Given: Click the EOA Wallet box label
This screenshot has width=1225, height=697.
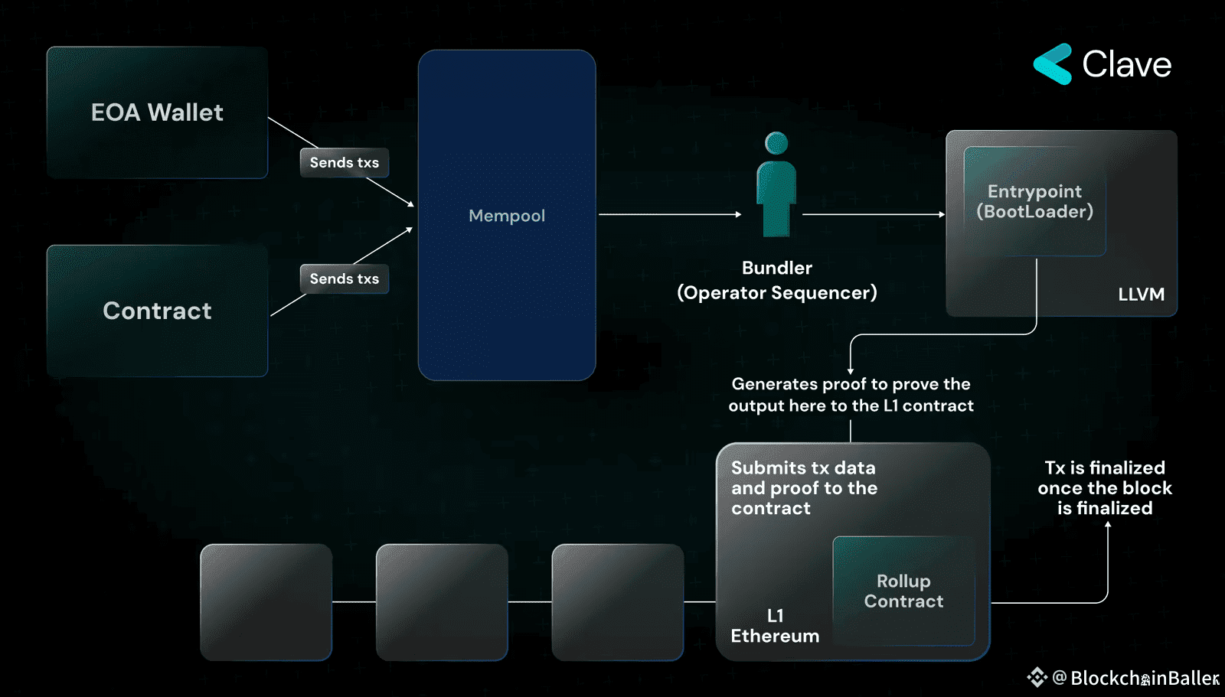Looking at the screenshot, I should click(x=157, y=112).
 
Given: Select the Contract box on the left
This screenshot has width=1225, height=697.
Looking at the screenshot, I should click(x=157, y=311).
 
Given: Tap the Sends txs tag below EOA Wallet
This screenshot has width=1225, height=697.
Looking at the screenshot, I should click(x=345, y=163).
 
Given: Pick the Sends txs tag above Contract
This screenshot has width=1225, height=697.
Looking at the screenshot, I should click(x=345, y=279).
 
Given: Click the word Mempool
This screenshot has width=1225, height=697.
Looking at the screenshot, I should click(x=507, y=216).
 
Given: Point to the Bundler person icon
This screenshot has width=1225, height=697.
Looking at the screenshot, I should click(x=776, y=187).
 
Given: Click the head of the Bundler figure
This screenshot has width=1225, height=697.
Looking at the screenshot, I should click(x=776, y=143).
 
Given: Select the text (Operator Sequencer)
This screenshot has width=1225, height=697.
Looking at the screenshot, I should click(x=777, y=293).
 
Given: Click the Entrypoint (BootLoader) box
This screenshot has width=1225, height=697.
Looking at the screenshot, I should click(x=1034, y=201).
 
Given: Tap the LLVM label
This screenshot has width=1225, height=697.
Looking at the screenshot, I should click(x=1141, y=295).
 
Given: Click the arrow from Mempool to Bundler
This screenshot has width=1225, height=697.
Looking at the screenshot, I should click(x=670, y=214).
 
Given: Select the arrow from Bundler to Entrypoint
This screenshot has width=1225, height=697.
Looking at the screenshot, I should click(x=873, y=214).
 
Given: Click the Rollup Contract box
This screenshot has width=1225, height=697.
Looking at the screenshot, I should click(x=903, y=591).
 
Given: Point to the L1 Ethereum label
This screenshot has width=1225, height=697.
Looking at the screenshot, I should click(x=775, y=627).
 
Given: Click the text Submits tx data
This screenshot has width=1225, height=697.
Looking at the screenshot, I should click(x=803, y=468).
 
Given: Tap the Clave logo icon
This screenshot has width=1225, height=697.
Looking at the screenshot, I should click(x=1053, y=64).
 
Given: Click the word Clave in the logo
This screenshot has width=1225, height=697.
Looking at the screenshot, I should click(x=1126, y=65).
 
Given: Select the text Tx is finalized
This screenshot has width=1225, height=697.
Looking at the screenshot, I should click(x=1105, y=468).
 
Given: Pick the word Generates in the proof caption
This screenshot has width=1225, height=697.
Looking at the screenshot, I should click(x=774, y=384).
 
